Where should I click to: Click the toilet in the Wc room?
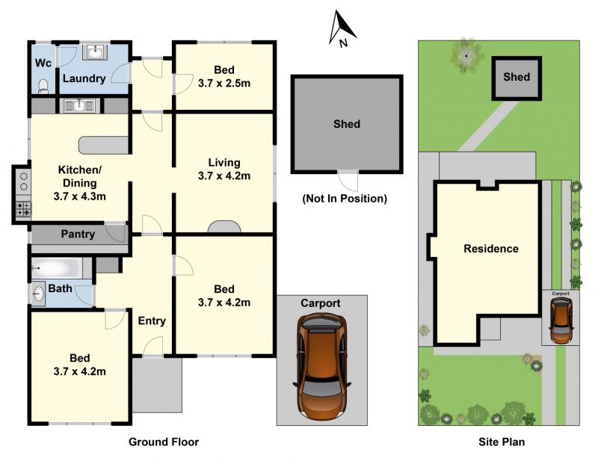(x=43, y=87)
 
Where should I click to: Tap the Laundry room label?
(x=84, y=78)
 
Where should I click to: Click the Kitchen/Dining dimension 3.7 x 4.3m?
(x=79, y=197)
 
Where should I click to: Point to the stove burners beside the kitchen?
(x=24, y=209)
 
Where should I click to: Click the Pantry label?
(x=78, y=234)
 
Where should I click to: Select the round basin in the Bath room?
(x=38, y=294)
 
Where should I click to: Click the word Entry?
(x=152, y=321)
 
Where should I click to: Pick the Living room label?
(x=224, y=162)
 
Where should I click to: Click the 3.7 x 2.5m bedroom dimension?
(x=224, y=83)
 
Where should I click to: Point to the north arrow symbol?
(x=342, y=28)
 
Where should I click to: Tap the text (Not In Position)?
(x=345, y=199)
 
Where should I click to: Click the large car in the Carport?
(x=323, y=365)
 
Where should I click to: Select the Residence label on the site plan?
(x=491, y=249)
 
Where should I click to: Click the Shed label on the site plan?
(x=517, y=77)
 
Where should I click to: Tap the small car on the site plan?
(x=561, y=321)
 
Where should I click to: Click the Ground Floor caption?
(x=164, y=442)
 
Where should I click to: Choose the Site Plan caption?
(x=502, y=442)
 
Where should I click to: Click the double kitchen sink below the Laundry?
(x=79, y=105)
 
